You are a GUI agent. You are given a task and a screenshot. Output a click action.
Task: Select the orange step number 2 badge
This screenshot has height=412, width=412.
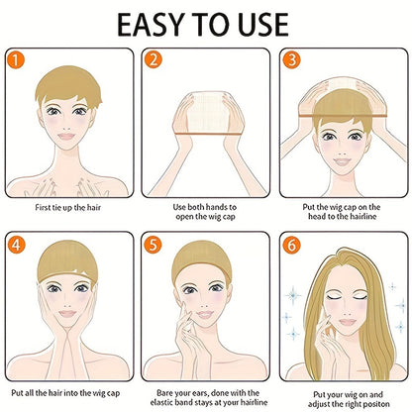tap(154, 59)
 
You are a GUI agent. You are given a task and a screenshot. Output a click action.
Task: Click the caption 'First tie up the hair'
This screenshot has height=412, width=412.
tap(69, 209)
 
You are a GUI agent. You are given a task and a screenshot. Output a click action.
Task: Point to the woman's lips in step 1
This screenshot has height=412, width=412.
tap(69, 146)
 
